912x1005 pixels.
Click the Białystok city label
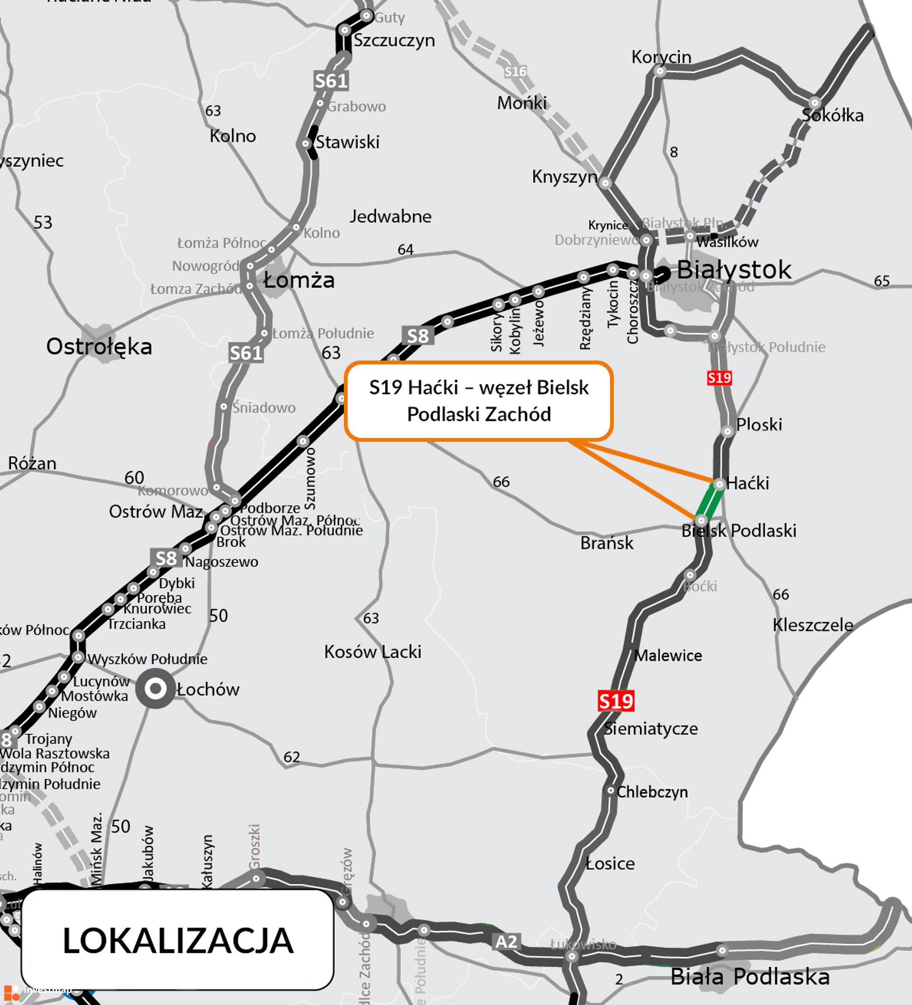(x=733, y=270)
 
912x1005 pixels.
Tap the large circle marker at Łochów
(x=156, y=688)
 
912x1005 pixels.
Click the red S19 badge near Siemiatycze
(x=616, y=701)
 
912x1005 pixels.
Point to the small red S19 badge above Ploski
(x=719, y=378)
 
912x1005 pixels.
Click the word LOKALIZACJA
(x=178, y=941)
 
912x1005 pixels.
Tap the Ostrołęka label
(x=99, y=347)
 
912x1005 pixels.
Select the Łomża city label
(x=298, y=280)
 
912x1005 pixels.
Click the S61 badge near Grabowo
(x=331, y=80)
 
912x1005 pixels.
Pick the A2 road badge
(x=506, y=942)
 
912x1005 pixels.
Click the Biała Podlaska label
(x=750, y=977)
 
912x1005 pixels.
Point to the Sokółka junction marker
(x=814, y=103)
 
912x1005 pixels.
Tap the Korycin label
(x=661, y=57)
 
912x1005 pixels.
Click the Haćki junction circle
(x=719, y=484)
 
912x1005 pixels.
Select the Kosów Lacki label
(x=372, y=651)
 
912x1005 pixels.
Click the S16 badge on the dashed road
(x=515, y=72)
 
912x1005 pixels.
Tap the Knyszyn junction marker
(x=605, y=183)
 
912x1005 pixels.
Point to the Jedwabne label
(x=390, y=216)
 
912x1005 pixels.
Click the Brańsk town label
(x=606, y=543)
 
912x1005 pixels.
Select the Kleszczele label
(x=812, y=625)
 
